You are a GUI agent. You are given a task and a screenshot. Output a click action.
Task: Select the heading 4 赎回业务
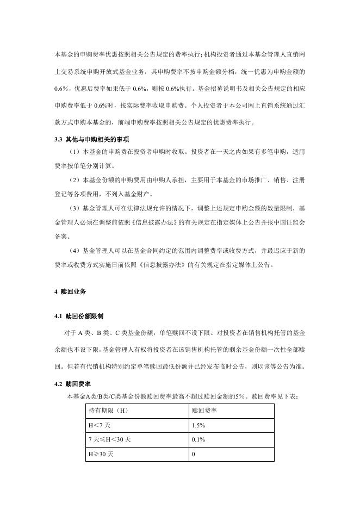tap(71, 292)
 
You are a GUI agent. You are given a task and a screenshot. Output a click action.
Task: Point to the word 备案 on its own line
tap(63, 237)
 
